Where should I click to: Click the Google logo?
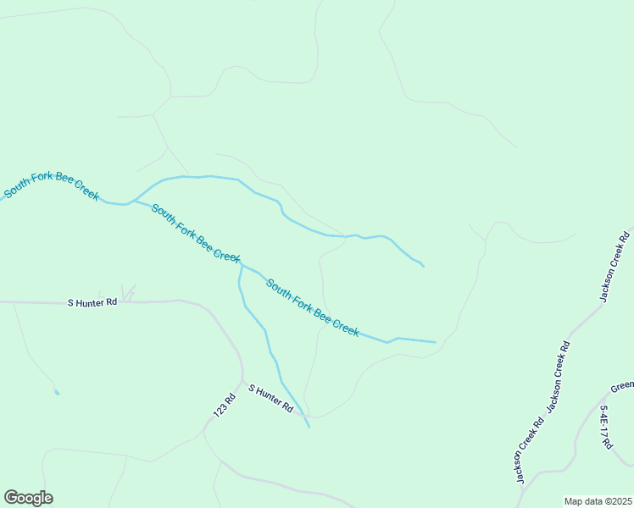point(28,498)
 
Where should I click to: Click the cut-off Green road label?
point(622,387)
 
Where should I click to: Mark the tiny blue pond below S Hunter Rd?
point(57,392)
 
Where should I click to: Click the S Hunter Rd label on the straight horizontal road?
point(92,301)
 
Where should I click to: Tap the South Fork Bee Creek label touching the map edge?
point(52,185)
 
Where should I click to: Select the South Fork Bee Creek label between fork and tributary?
point(196,232)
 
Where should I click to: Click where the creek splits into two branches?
point(131,202)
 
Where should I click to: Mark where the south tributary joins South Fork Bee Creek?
point(242,266)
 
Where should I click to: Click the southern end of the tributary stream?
point(309,427)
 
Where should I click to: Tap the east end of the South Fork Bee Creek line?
point(436,343)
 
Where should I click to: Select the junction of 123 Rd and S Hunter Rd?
point(242,382)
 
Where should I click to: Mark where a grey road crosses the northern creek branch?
point(346,235)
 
